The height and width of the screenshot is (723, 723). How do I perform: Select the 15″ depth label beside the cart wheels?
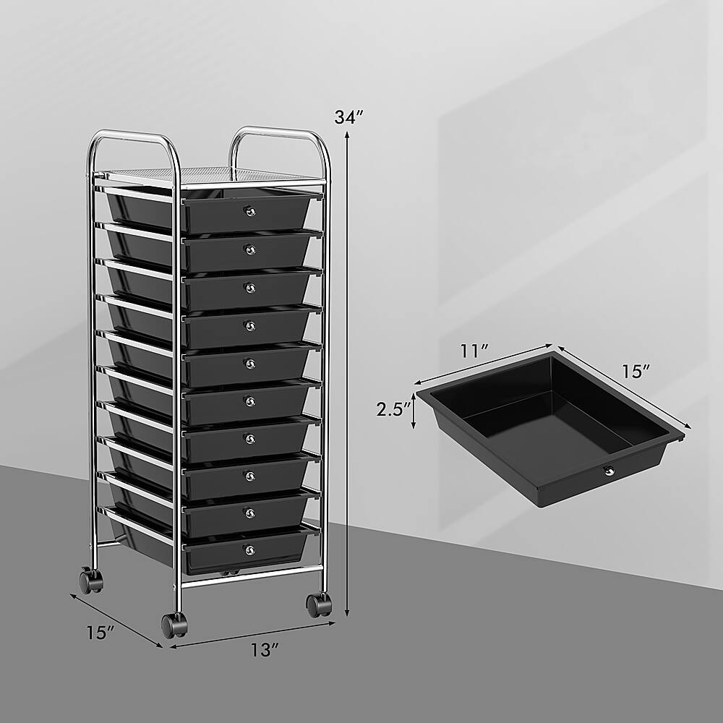tap(100, 631)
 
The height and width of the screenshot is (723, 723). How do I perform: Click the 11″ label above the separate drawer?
tap(474, 352)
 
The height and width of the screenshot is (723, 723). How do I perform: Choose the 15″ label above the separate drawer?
tap(636, 372)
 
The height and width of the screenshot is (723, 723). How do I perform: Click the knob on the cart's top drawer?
tap(250, 210)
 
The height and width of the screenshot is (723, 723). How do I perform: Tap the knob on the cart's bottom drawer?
tap(250, 550)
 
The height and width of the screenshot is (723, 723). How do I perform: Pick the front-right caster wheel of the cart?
tap(318, 604)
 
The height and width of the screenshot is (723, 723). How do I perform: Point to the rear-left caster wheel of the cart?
tap(90, 579)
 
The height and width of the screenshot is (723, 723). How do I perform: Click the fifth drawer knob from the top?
tap(250, 361)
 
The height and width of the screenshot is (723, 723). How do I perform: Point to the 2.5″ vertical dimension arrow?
tap(414, 411)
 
